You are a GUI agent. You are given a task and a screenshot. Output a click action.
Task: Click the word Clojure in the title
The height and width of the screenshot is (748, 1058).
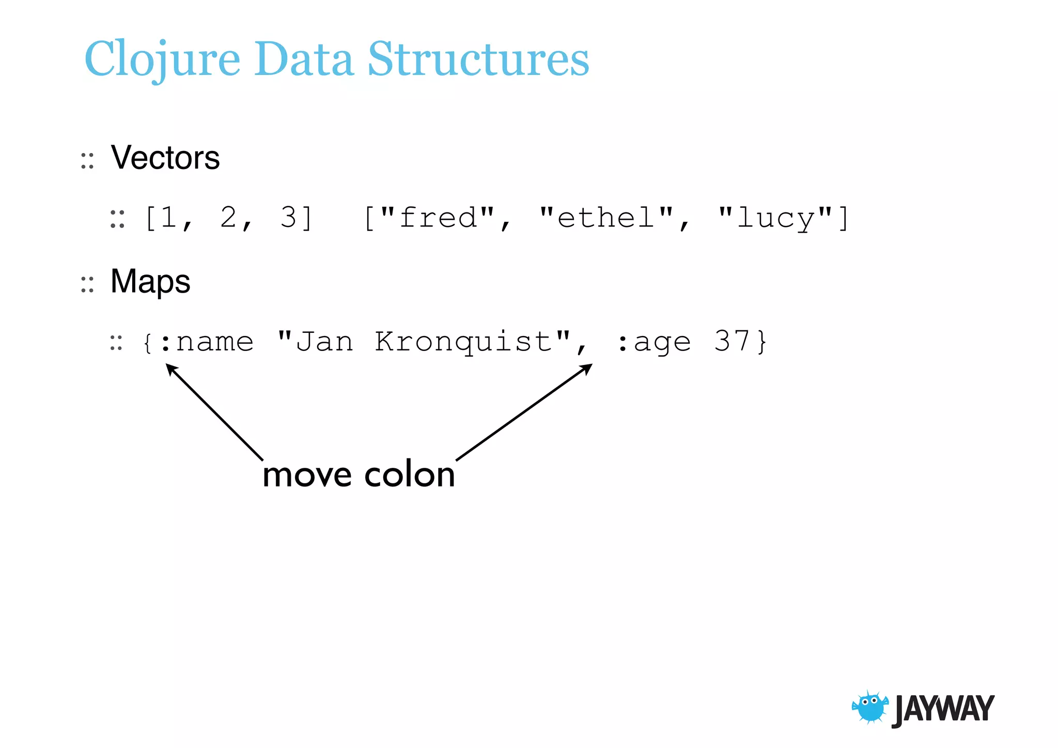tap(162, 59)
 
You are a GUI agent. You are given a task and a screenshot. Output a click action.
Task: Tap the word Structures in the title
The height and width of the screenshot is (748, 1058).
tap(478, 59)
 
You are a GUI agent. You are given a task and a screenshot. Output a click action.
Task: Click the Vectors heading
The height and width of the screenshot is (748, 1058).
tap(165, 158)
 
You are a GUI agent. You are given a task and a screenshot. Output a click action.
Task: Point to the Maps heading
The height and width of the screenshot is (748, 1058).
tap(150, 282)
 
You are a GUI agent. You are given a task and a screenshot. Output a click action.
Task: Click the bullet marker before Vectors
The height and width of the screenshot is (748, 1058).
tap(87, 161)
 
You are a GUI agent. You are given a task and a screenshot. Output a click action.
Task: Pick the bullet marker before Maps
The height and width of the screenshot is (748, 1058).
tap(87, 284)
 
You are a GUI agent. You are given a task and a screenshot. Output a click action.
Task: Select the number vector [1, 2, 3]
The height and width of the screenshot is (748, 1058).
tap(229, 218)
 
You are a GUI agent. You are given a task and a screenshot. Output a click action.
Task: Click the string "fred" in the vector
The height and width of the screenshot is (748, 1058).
tap(438, 218)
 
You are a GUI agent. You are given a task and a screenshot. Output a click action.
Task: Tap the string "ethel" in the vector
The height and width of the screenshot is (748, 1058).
tap(606, 218)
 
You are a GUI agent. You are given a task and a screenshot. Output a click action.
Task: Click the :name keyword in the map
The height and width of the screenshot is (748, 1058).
tap(207, 342)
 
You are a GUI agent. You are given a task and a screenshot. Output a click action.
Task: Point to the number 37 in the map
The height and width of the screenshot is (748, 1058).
tap(732, 342)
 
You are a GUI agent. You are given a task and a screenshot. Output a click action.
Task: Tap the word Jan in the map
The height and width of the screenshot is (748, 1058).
tap(324, 342)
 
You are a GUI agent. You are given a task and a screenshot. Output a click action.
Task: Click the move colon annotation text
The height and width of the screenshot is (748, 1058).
tap(359, 475)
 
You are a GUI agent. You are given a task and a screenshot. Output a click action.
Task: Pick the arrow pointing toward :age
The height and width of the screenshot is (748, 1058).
tap(524, 412)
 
